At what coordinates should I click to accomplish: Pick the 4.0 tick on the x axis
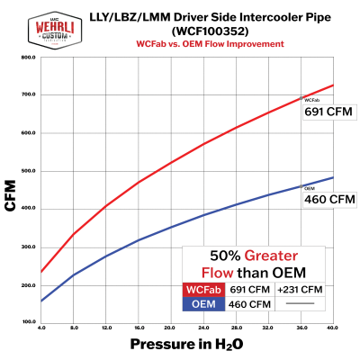42,328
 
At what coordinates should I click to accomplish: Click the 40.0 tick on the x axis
332,328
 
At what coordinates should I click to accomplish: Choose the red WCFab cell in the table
204,290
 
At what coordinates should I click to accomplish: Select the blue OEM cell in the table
204,304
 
